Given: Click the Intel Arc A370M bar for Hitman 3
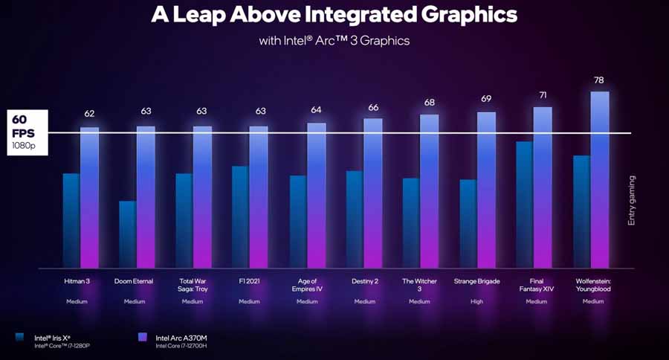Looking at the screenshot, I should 90,197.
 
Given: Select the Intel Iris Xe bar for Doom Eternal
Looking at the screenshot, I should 128,234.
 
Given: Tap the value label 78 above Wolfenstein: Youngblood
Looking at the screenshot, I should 600,80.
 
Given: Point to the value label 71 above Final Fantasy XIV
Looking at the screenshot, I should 543,96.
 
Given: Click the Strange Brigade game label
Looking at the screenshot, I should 477,281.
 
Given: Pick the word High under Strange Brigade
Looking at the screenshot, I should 477,301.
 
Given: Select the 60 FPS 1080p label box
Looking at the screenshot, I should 26,132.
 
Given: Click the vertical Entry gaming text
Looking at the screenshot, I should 632,200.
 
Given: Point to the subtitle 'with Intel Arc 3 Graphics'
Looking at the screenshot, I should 334,41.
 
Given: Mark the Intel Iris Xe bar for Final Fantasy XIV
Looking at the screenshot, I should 524,204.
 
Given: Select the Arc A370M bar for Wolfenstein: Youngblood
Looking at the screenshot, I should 600,179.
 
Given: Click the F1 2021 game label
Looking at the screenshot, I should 249,281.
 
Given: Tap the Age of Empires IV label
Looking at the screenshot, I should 306,285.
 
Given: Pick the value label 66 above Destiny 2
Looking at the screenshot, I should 373,108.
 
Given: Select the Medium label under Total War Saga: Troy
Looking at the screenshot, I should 192,301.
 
